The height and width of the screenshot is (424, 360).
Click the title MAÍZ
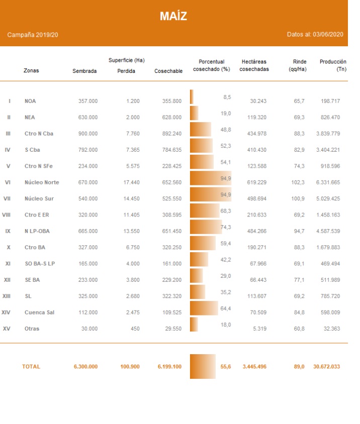click(173, 16)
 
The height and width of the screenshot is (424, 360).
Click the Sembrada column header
click(84, 71)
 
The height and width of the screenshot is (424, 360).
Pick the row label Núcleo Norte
click(39, 182)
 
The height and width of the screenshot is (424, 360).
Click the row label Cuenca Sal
click(39, 312)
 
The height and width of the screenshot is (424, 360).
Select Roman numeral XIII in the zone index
click(7, 296)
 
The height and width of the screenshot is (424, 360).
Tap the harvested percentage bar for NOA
click(192, 96)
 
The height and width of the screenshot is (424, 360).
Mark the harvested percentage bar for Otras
click(194, 325)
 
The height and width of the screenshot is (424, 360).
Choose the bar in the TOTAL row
click(203, 366)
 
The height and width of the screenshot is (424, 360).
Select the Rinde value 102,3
click(299, 182)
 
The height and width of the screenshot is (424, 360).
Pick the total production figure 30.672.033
click(326, 366)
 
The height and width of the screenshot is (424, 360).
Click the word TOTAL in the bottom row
click(31, 366)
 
